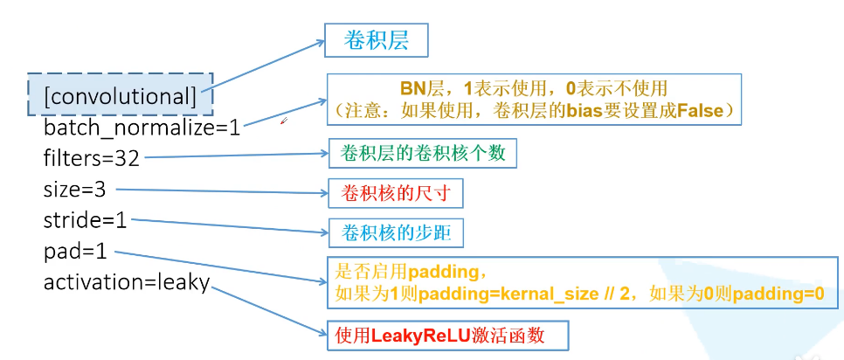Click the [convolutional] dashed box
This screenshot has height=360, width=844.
120,94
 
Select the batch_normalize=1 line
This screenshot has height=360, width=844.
142,128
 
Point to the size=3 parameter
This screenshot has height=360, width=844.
74,189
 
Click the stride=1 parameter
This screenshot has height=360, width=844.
85,220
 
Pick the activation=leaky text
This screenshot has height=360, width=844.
127,282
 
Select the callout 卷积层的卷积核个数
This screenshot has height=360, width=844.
422,154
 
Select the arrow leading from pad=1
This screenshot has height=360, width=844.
218,267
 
